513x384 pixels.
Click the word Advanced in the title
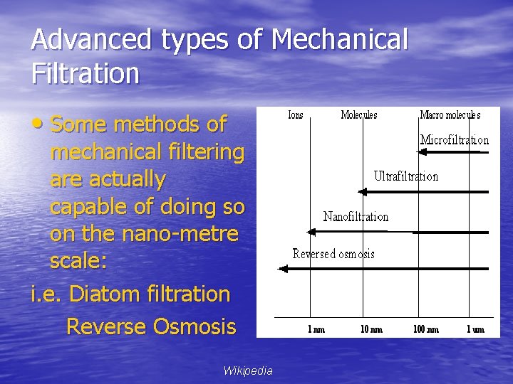[x=91, y=40]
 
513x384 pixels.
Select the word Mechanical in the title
[x=340, y=40]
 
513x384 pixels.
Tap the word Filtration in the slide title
[x=85, y=73]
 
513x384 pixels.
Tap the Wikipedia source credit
[x=247, y=370]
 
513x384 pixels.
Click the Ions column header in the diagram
[x=295, y=114]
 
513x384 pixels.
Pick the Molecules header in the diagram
[x=359, y=114]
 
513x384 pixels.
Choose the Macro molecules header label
[x=450, y=114]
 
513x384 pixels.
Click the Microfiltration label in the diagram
[x=455, y=140]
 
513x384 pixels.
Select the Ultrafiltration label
[x=406, y=176]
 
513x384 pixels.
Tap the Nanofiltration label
[x=356, y=216]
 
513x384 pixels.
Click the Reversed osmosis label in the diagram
[x=333, y=254]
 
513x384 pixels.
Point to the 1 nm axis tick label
[x=316, y=329]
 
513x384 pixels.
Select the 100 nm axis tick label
[x=427, y=329]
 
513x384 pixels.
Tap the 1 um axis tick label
[x=476, y=329]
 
